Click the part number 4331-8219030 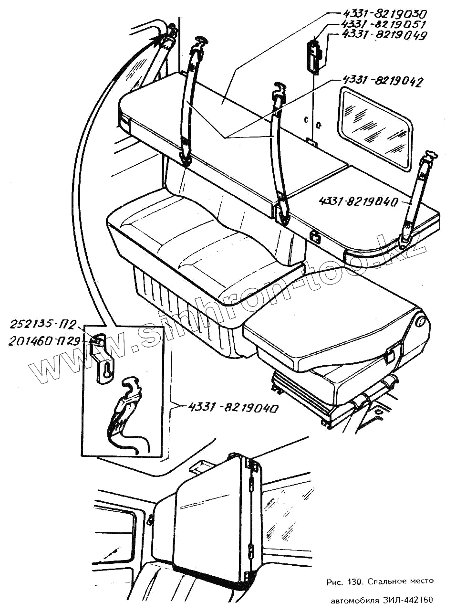click(x=383, y=14)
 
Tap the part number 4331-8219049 click(x=383, y=36)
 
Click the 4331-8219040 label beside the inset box click(x=233, y=408)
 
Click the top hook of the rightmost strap click(x=431, y=155)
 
